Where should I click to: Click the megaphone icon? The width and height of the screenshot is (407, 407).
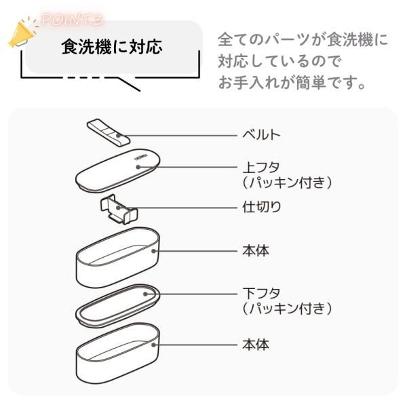coord(22,34)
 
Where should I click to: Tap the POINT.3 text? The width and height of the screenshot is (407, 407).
coord(72,20)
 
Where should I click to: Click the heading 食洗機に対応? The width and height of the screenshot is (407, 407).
coord(112,47)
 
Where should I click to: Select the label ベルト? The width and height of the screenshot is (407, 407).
coord(261,135)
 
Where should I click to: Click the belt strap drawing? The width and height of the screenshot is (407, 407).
coord(109,132)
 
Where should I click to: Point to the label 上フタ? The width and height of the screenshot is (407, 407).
coord(261,167)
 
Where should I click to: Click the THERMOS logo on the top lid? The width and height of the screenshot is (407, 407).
coord(140,158)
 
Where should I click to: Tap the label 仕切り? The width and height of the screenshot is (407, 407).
coord(261,207)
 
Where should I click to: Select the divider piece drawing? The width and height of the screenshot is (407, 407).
coord(119,209)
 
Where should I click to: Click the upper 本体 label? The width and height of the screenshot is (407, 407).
coord(256,251)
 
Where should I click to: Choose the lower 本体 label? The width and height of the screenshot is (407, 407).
coord(256,345)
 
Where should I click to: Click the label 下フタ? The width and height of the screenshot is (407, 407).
coord(261,293)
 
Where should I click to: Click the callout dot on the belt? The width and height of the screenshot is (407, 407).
coord(118,135)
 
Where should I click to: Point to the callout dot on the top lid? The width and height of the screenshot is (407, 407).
coord(138,167)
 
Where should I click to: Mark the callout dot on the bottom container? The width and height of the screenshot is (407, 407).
coord(154,345)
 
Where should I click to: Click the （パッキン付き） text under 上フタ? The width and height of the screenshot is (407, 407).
coord(287,182)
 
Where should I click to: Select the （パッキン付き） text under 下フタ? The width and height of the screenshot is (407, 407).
coord(287,309)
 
